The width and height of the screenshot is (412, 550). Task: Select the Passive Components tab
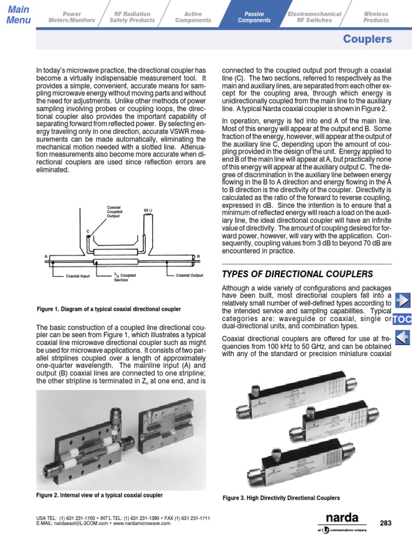pyautogui.click(x=254, y=17)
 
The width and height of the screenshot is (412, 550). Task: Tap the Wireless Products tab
pyautogui.click(x=376, y=17)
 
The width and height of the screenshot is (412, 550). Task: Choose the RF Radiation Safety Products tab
pyautogui.click(x=132, y=17)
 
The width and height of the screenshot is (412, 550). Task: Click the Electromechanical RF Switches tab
pyautogui.click(x=314, y=17)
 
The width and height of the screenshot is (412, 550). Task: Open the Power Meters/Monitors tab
pyautogui.click(x=71, y=17)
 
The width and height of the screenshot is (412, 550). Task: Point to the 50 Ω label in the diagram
pyautogui.click(x=149, y=210)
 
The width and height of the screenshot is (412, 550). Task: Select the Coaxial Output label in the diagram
pyautogui.click(x=189, y=276)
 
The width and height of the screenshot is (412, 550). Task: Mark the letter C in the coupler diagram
pyautogui.click(x=87, y=230)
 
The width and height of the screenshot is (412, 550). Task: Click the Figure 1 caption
pyautogui.click(x=108, y=309)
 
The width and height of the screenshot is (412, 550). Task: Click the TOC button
pyautogui.click(x=402, y=320)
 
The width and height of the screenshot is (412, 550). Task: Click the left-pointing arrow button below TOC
pyautogui.click(x=402, y=337)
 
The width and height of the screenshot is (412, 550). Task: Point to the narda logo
pyautogui.click(x=342, y=519)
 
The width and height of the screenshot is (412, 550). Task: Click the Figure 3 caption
pyautogui.click(x=281, y=498)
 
